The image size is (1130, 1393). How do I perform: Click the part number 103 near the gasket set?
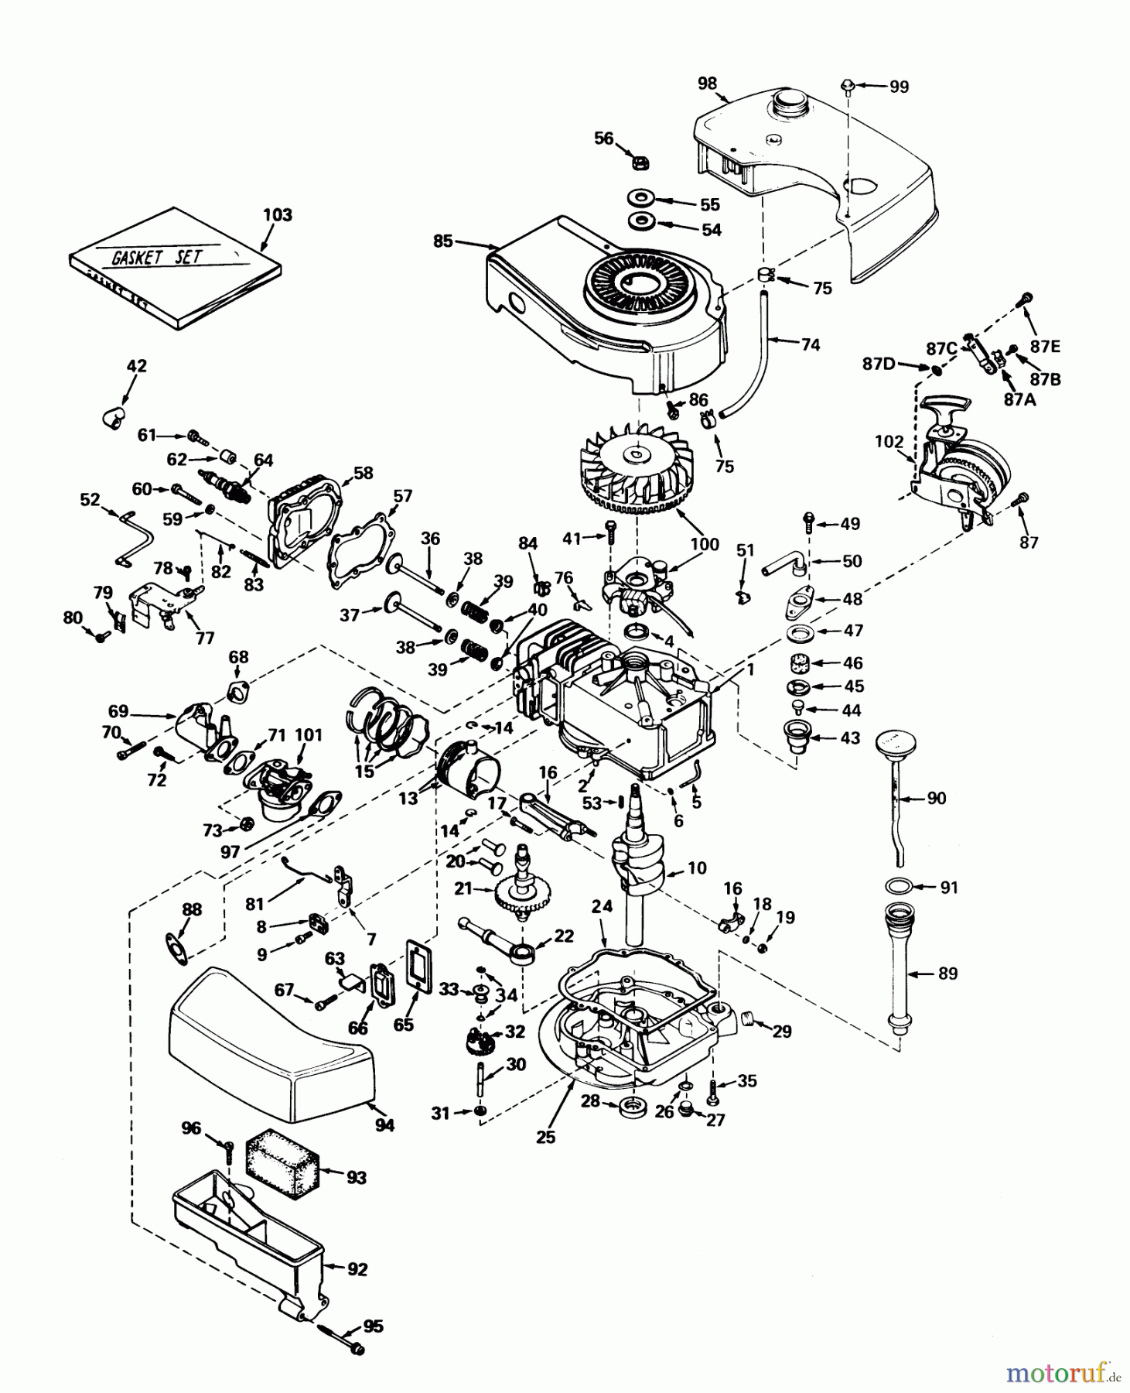[x=278, y=214]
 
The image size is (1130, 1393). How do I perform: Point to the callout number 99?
[x=898, y=87]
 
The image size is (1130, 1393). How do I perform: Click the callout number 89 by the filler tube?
[x=947, y=974]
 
